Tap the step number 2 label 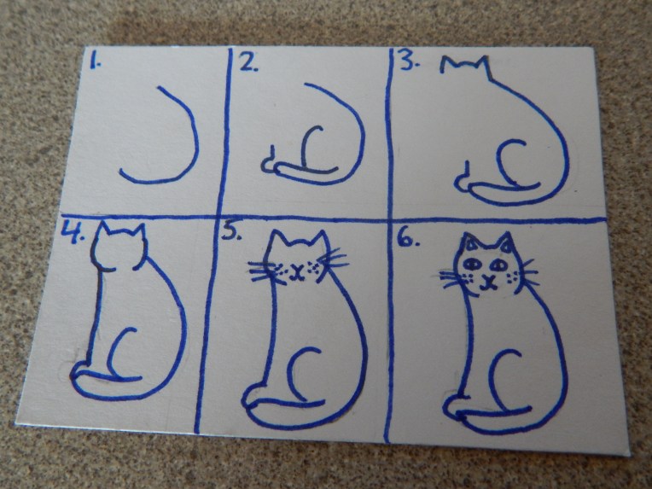click(248, 62)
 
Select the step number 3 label click(410, 61)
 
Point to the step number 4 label click(73, 232)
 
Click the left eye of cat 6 click(472, 263)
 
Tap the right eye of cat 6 click(498, 265)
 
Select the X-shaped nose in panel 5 click(296, 271)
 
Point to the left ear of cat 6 click(471, 242)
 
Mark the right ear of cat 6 click(507, 242)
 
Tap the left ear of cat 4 click(104, 230)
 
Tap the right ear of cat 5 click(320, 242)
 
